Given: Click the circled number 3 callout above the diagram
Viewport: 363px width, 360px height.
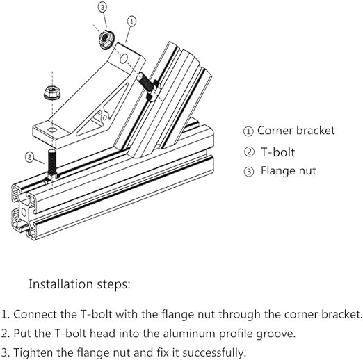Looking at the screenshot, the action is point(102,7).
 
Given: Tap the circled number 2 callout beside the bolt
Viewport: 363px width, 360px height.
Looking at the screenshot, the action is point(29,157).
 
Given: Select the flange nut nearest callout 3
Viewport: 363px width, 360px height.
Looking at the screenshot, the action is point(106,40).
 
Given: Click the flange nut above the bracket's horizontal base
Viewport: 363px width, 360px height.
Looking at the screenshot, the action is point(52,92).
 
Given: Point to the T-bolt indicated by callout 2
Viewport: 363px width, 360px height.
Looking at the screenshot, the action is point(52,165).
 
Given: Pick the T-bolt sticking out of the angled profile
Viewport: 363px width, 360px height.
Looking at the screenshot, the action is point(148,86).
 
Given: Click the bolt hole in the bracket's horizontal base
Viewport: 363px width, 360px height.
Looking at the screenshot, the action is point(52,130).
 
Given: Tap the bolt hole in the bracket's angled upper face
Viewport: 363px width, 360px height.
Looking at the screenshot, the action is point(124,59).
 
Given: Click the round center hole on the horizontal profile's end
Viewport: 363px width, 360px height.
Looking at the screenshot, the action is point(24,212).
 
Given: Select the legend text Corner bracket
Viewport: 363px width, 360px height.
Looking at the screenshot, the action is point(296,131).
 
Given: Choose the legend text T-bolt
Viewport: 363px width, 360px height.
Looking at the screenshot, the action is point(277,152).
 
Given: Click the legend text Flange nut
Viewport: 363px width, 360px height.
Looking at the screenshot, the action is point(289,171).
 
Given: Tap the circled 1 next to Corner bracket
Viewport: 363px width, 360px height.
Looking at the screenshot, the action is point(248,131).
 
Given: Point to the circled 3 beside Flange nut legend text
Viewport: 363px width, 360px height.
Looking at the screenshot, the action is point(249,172).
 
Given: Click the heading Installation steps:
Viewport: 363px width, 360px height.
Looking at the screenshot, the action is point(79,284).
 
